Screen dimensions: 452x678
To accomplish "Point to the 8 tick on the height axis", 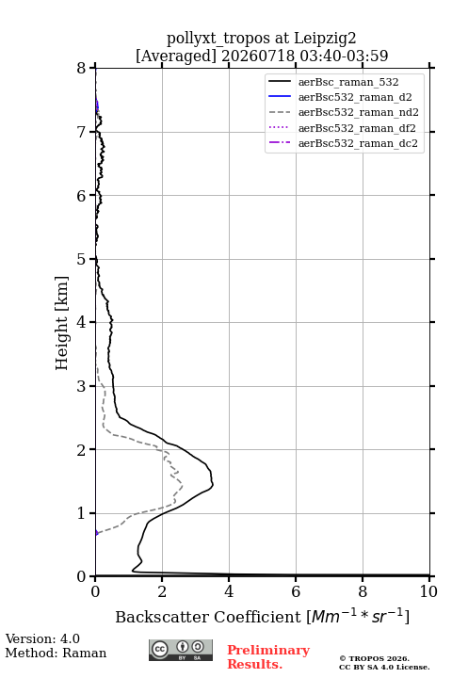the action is coord(82,68).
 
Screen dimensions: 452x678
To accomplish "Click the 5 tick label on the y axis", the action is coord(82,259).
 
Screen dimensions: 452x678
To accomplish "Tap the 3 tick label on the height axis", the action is coord(82,386).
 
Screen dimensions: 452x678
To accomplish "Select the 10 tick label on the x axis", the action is coord(428,591).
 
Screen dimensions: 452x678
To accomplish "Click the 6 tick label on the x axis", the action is coord(296,591).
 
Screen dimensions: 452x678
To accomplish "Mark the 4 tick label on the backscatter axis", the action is coord(229,591).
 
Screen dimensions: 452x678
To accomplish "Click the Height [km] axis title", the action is coord(62,323).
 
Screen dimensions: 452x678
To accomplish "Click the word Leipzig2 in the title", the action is coord(325,39).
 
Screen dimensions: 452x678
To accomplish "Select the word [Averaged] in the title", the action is coord(176,56).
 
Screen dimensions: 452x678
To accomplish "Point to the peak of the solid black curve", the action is coord(213,485).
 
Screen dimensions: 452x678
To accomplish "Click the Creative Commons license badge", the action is coord(181,651).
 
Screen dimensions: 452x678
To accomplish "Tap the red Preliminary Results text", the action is coord(268,657).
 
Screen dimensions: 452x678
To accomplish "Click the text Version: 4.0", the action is coord(42,639).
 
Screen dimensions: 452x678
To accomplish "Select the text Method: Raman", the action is coord(56,653).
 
